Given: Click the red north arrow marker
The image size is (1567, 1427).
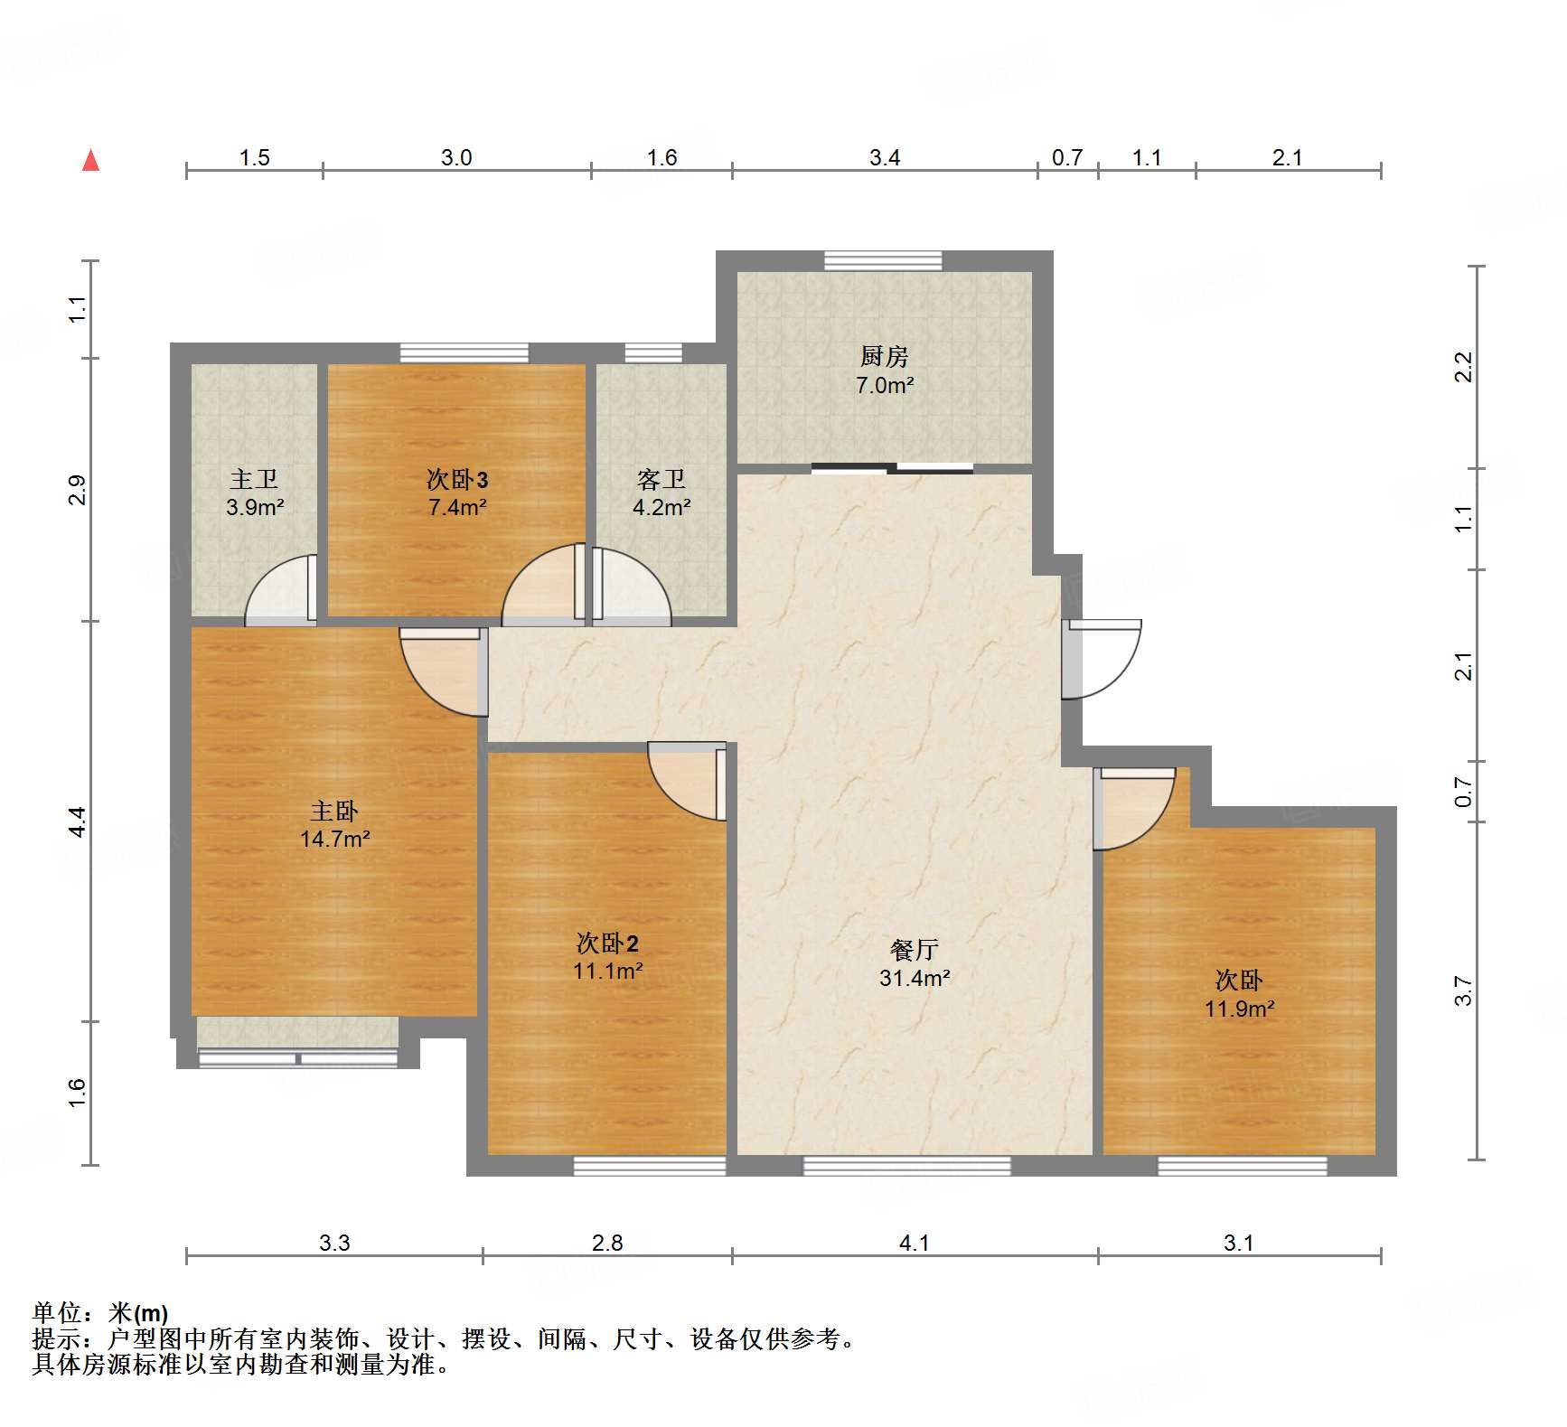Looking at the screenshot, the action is click(x=90, y=160).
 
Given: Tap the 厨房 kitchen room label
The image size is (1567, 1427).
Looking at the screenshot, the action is click(x=884, y=356).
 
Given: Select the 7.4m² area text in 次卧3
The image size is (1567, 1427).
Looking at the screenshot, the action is click(x=457, y=507).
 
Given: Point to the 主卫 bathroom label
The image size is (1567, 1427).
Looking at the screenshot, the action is click(x=254, y=479).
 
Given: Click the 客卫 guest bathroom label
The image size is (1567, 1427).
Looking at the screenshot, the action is click(x=662, y=479).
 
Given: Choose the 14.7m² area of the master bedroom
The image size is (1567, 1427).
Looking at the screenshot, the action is click(x=335, y=839).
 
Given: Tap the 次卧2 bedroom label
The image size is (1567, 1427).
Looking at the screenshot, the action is click(x=607, y=944).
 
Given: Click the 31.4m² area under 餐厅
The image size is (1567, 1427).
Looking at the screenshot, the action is click(x=915, y=977).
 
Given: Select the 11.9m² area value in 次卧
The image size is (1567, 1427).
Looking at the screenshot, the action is click(x=1239, y=1009).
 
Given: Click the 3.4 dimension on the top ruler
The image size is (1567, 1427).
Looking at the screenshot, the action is click(x=885, y=157).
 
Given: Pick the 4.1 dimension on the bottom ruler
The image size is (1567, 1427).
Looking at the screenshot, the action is click(x=915, y=1243).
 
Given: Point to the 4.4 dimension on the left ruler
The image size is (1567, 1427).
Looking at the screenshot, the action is click(x=78, y=821).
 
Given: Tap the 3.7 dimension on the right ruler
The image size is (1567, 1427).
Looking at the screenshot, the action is click(x=1464, y=991).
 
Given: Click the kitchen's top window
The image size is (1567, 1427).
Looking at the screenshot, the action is click(x=883, y=261).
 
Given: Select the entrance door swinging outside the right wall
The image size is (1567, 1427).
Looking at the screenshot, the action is click(x=1101, y=659).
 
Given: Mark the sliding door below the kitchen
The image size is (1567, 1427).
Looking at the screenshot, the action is click(x=892, y=468).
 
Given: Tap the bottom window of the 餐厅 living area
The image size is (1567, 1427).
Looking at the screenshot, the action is click(x=906, y=1166).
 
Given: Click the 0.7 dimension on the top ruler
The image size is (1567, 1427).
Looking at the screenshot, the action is click(x=1067, y=157).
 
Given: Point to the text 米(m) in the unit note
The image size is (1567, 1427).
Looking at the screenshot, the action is click(x=137, y=1313).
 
